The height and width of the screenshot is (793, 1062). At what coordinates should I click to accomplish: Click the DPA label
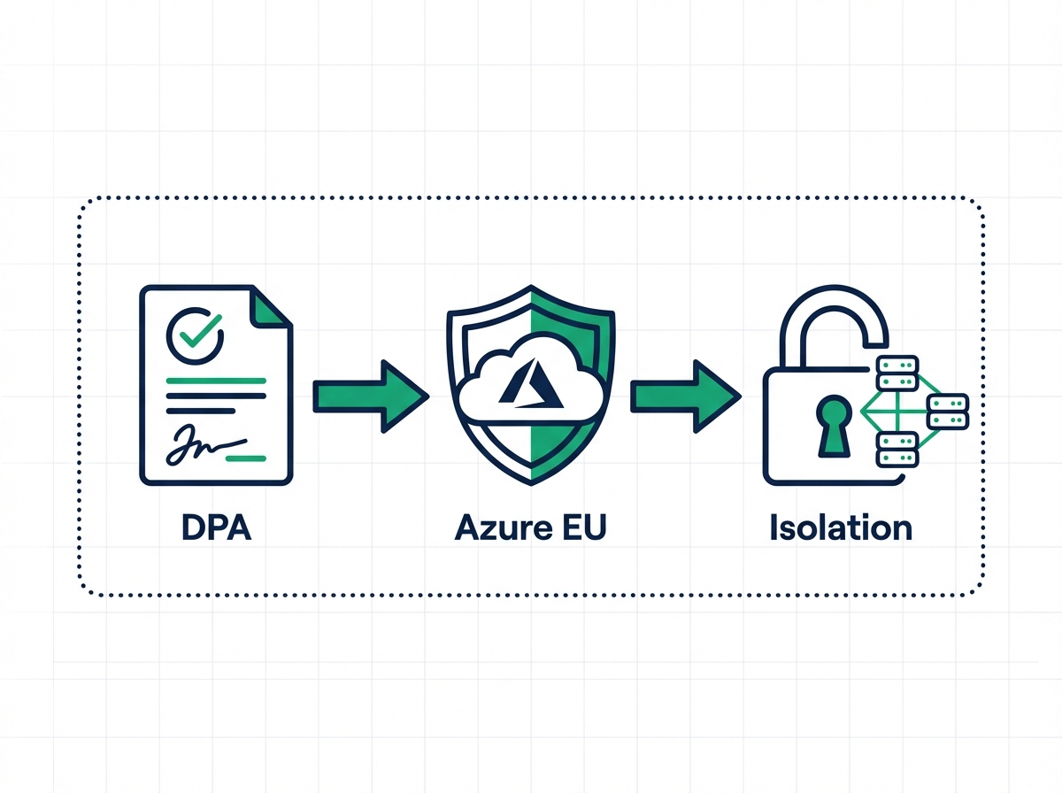coord(216,528)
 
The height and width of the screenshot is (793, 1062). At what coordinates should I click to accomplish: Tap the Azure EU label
coord(531,528)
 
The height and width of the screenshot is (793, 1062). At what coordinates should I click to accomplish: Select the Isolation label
coord(840,528)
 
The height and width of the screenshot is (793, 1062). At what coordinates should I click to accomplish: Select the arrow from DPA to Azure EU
coord(370,396)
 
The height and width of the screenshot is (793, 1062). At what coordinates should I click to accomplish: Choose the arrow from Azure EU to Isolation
coord(685,396)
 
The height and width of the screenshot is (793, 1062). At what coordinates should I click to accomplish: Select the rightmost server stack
coord(947,410)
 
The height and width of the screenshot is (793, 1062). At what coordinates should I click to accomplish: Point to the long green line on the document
coord(215,381)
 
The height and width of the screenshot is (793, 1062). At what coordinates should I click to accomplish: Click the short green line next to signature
coord(245,458)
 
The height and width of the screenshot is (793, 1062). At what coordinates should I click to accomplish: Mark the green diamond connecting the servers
coord(894,410)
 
